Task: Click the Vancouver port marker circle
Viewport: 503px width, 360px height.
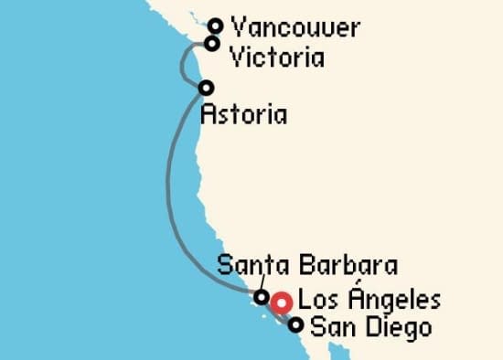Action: [216, 26]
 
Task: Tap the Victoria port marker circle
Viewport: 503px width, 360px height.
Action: [212, 43]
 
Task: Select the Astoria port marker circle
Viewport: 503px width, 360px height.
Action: [206, 88]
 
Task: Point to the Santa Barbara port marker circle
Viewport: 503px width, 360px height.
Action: [262, 296]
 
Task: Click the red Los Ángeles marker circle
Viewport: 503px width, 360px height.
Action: [282, 302]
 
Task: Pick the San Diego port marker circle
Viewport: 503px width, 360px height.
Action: [295, 324]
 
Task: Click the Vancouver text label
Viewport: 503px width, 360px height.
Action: [295, 27]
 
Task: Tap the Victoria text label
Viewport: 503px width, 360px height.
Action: [277, 58]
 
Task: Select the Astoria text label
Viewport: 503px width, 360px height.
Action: [241, 115]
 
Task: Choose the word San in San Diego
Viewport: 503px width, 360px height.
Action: [329, 326]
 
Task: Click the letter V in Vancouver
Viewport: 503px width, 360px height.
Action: [240, 27]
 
